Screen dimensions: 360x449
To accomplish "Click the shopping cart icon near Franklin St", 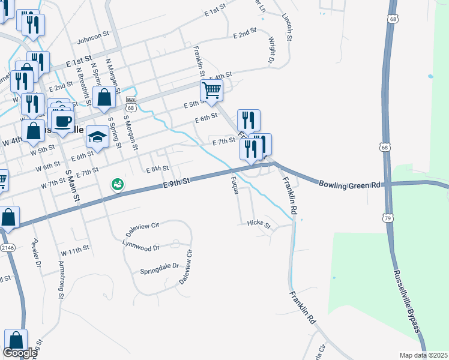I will [x=211, y=91].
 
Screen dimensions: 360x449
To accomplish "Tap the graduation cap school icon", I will [x=97, y=137].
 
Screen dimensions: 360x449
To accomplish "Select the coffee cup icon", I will [x=62, y=121].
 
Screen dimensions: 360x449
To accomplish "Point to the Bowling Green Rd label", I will [x=350, y=185].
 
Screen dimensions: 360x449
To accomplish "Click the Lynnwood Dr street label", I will [x=140, y=247].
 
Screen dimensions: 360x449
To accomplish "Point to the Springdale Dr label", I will [x=160, y=266].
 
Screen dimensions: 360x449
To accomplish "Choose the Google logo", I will [x=20, y=353].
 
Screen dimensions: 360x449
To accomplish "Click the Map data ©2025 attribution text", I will [x=423, y=355].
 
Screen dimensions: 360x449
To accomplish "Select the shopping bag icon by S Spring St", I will [x=104, y=99].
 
